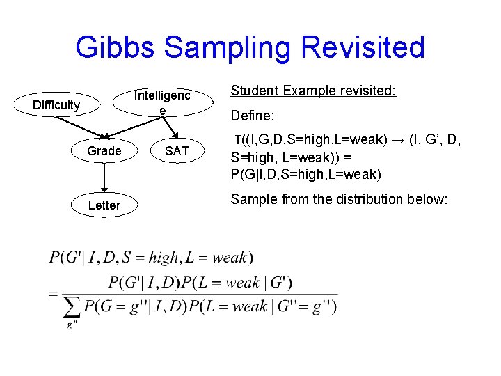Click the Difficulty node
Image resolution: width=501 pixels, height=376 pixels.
pos(56,105)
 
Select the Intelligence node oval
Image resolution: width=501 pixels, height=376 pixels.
pos(161,102)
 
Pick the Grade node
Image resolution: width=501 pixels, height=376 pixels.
pos(104,151)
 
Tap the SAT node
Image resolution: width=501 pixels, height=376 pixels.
pos(177,151)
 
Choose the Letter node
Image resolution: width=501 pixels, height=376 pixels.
pos(104,205)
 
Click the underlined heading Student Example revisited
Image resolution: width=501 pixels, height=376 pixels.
pos(313,91)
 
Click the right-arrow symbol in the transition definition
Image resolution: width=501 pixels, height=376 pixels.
pos(399,140)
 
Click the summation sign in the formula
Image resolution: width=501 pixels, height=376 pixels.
pos(72,306)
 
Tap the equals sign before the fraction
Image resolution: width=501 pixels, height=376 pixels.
pos(54,293)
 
